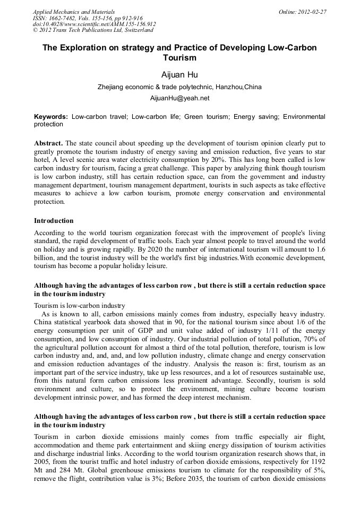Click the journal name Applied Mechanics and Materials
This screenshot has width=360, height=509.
[73, 12]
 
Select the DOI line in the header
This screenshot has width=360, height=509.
[95, 24]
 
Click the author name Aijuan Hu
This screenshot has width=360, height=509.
[179, 74]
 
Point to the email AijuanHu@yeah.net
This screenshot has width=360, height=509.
[179, 98]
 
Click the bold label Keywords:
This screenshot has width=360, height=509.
[51, 116]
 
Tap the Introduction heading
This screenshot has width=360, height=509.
[54, 220]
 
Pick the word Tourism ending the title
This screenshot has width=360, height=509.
[179, 58]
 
